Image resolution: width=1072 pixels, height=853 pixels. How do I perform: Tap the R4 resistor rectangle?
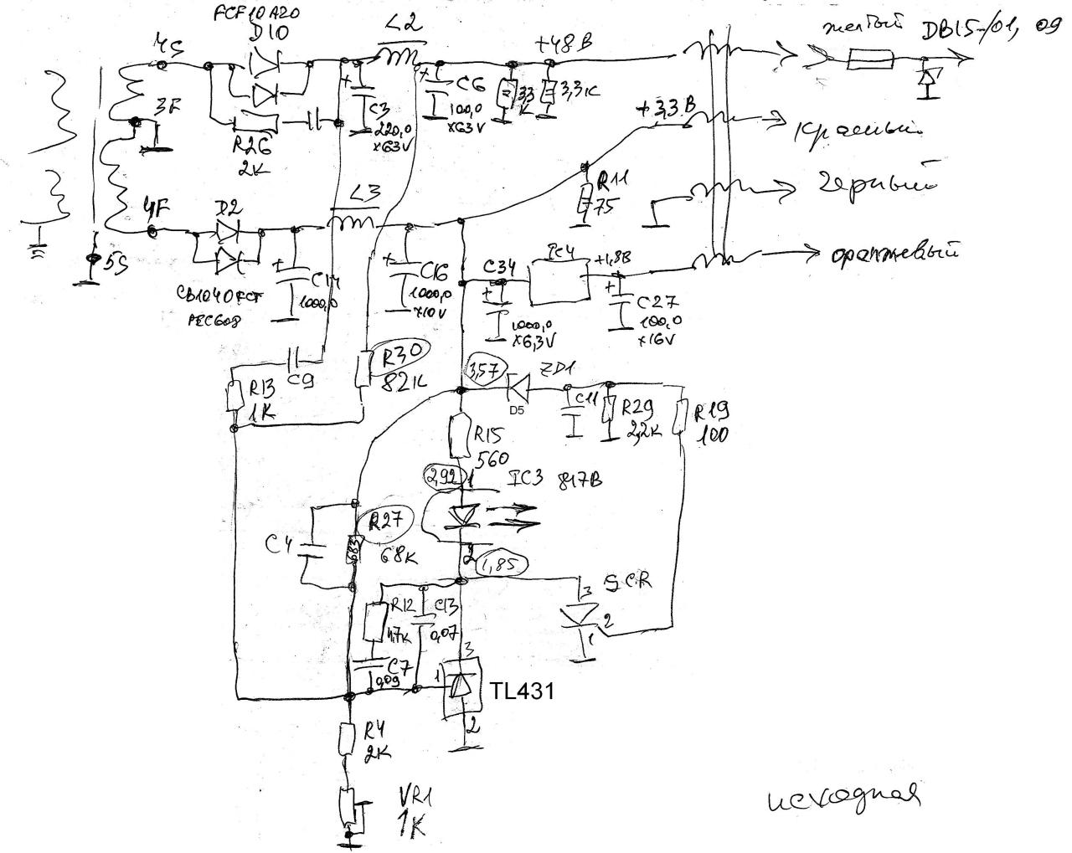(x=349, y=741)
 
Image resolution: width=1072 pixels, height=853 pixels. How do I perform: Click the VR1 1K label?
(x=412, y=811)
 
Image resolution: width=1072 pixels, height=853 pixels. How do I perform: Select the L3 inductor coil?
(x=352, y=224)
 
